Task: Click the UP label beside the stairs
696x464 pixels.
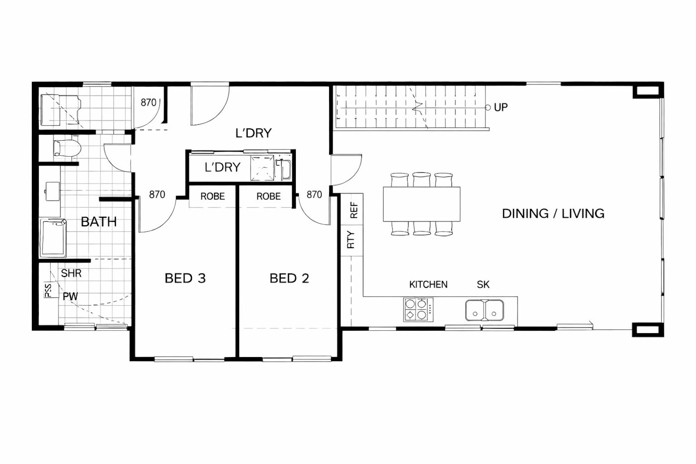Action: coord(501,107)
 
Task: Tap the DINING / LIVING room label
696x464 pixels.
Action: coord(553,213)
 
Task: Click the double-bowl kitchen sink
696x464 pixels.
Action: coord(484,310)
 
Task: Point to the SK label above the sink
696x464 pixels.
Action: coord(483,284)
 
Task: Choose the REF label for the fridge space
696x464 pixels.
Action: coord(354,211)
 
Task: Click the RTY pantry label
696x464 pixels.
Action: coord(351,240)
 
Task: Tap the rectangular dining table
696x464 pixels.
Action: coord(421,204)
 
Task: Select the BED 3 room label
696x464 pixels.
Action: coord(185,278)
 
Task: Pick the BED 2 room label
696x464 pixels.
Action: coord(289,278)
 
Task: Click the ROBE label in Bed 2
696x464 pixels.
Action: coord(268,196)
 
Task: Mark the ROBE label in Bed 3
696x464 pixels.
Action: coord(212,196)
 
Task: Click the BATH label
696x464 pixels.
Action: coord(98,222)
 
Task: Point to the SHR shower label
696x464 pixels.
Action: coord(71,274)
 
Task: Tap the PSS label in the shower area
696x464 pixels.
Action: coord(48,291)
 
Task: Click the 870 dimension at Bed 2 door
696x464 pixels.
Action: coord(314,195)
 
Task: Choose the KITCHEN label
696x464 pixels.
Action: coord(428,284)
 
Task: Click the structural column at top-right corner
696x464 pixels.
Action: coord(647,92)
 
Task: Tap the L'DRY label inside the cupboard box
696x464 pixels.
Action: coord(222,168)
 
